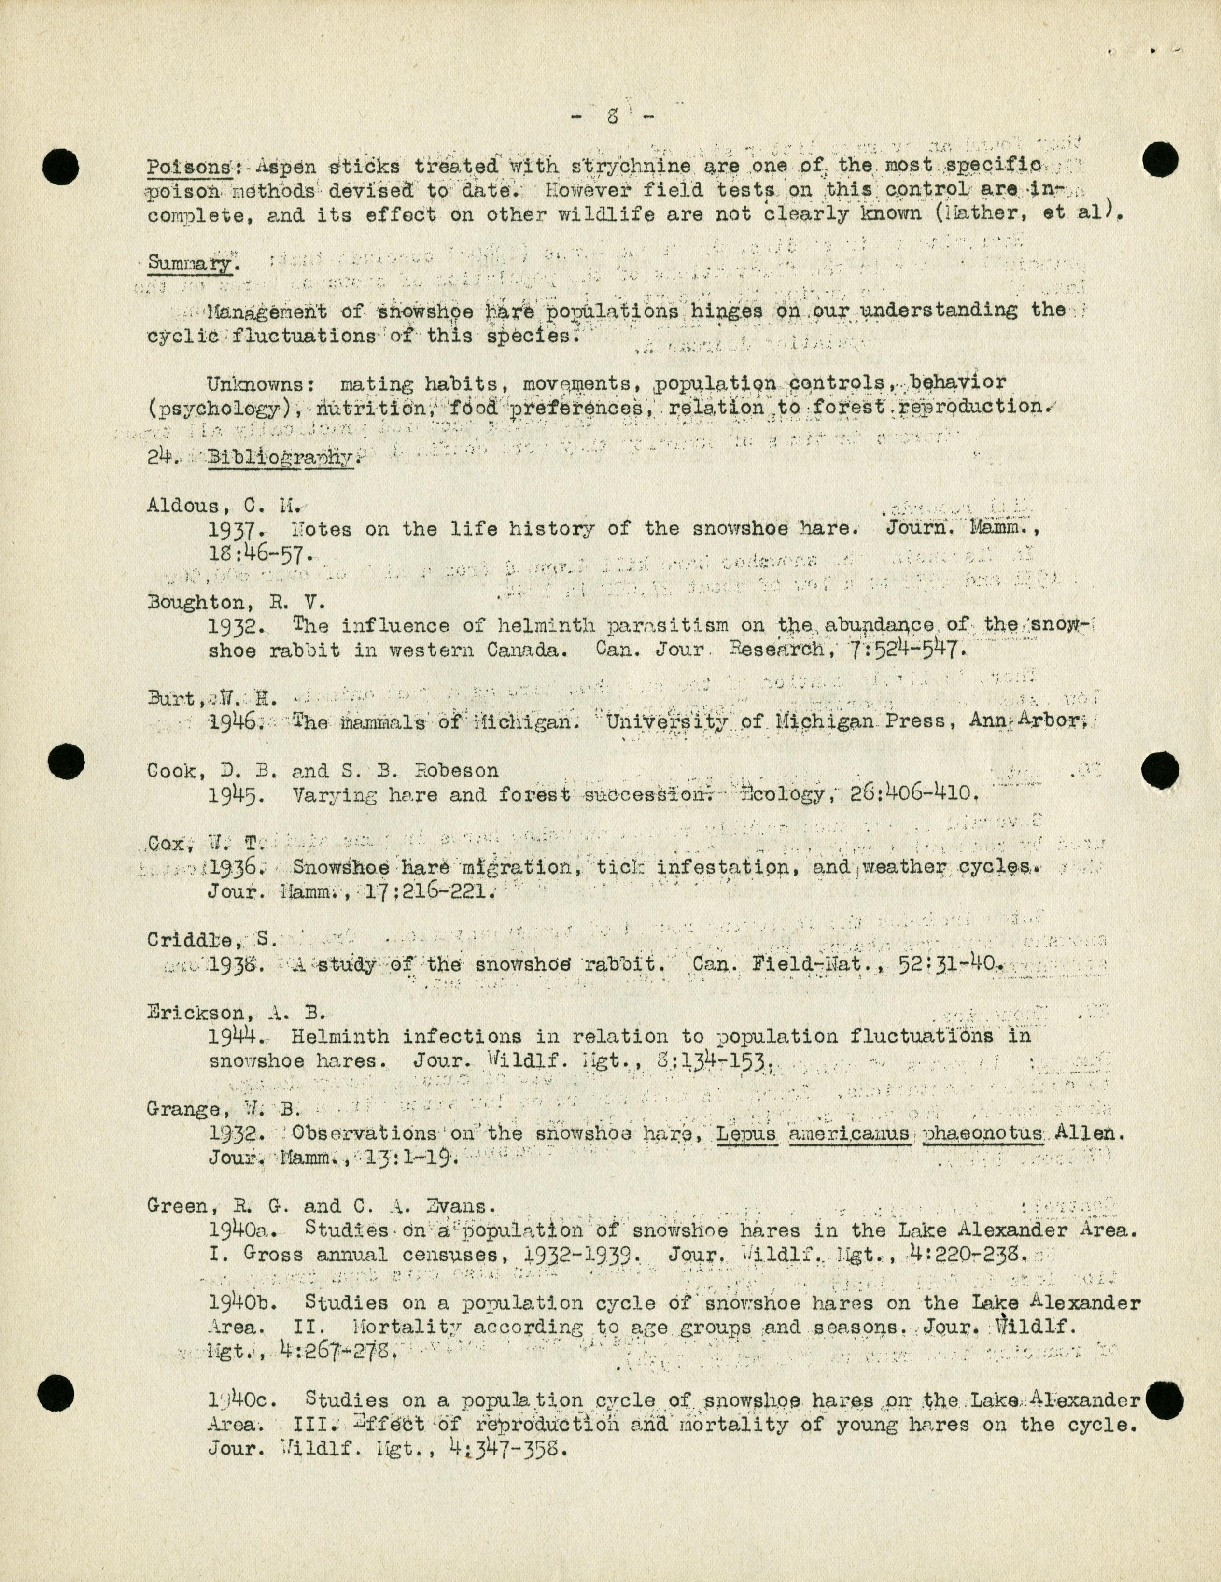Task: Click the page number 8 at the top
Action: [612, 116]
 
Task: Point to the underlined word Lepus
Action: [746, 1133]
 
